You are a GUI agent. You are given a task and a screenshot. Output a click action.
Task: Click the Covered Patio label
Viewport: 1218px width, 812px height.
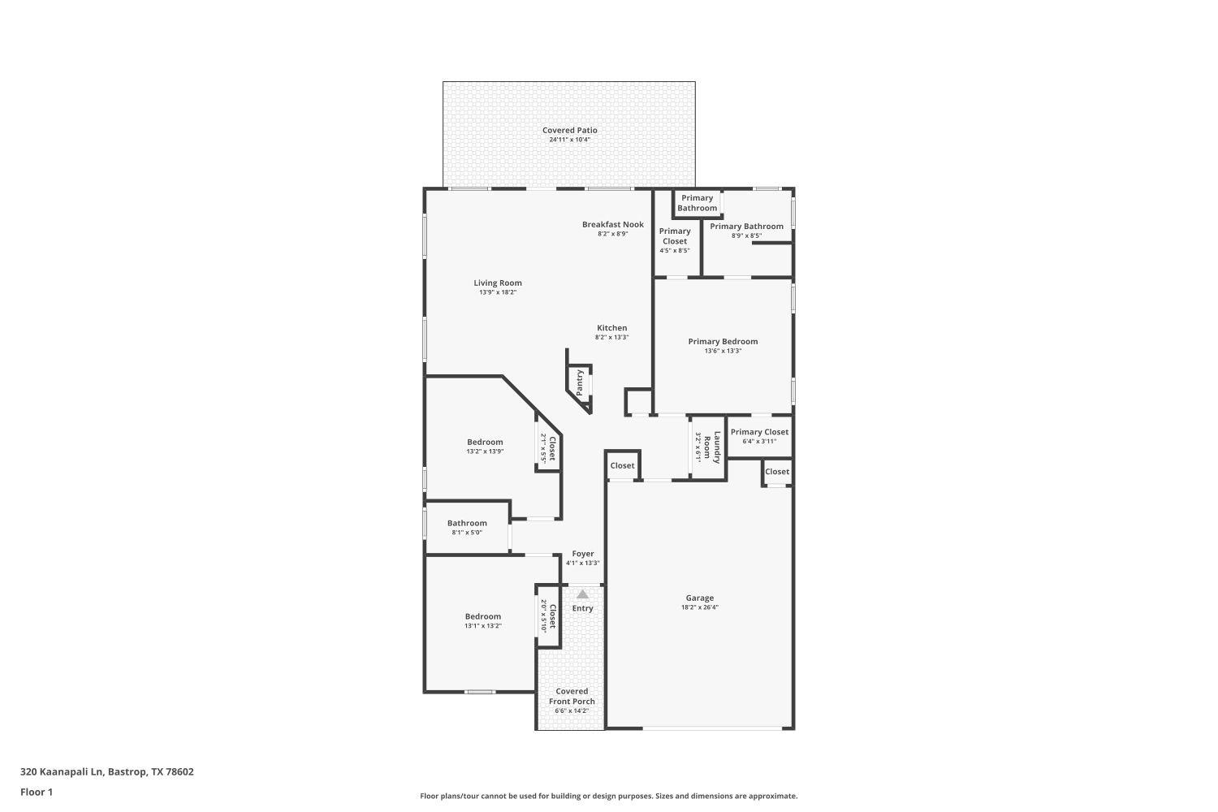coord(569,131)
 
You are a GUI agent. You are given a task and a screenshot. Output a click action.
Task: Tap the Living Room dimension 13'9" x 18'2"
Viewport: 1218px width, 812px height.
coord(498,292)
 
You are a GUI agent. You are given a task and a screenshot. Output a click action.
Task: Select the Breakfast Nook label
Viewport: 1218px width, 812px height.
coord(612,225)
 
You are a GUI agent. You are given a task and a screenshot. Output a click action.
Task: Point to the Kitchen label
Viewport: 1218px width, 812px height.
coord(611,328)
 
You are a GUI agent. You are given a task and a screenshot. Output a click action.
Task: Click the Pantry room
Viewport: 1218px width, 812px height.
coord(580,382)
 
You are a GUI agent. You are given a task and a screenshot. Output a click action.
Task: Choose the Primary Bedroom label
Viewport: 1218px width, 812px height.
coord(723,342)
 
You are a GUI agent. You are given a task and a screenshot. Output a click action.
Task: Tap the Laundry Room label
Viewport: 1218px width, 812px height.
coord(711,446)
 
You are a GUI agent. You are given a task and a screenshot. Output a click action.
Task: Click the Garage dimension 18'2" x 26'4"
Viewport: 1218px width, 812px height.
coord(699,607)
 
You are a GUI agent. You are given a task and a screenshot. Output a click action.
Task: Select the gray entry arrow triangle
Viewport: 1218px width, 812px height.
coord(582,594)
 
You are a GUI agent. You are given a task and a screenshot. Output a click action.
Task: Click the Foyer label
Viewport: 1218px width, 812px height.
coord(582,554)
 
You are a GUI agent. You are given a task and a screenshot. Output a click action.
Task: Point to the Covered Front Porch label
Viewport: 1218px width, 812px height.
coord(572,696)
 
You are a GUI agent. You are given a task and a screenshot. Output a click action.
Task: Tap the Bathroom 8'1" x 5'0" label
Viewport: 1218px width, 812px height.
coord(467,524)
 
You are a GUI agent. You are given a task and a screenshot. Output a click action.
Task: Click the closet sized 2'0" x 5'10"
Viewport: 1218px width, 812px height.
coord(548,616)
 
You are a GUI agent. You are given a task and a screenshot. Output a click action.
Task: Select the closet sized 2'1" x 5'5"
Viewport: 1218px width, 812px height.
coord(548,448)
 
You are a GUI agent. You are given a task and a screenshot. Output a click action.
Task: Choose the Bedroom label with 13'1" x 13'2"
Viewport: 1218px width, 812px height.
coord(482,616)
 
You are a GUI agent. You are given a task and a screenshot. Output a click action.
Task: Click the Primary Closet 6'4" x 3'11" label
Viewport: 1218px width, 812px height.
coord(759,432)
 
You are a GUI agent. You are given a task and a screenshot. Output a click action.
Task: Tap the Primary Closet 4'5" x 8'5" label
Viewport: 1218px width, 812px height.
coord(674,236)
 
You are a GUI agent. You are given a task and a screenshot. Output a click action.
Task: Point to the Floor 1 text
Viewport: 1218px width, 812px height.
coord(37,792)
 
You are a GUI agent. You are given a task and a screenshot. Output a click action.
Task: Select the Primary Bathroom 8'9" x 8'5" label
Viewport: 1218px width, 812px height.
coord(746,227)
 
